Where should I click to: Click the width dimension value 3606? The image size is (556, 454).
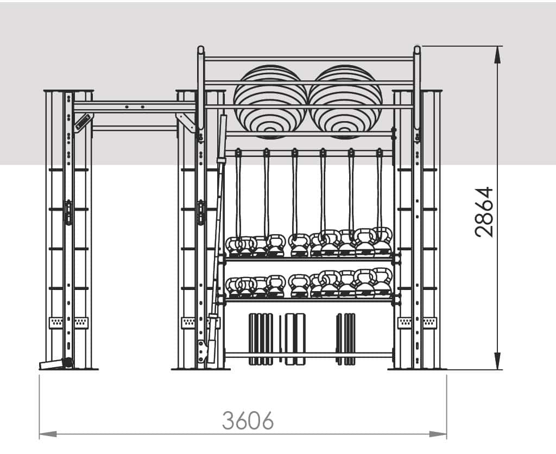pyautogui.click(x=248, y=420)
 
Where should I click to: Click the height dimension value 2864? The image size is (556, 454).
pyautogui.click(x=484, y=212)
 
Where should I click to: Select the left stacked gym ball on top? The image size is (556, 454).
pyautogui.click(x=270, y=102)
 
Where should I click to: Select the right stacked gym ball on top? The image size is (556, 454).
pyautogui.click(x=345, y=102)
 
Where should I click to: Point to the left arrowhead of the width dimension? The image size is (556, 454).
pyautogui.click(x=48, y=434)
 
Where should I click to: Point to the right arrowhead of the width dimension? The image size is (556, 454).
pyautogui.click(x=438, y=434)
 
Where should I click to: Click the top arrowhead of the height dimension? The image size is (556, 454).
pyautogui.click(x=498, y=55)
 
